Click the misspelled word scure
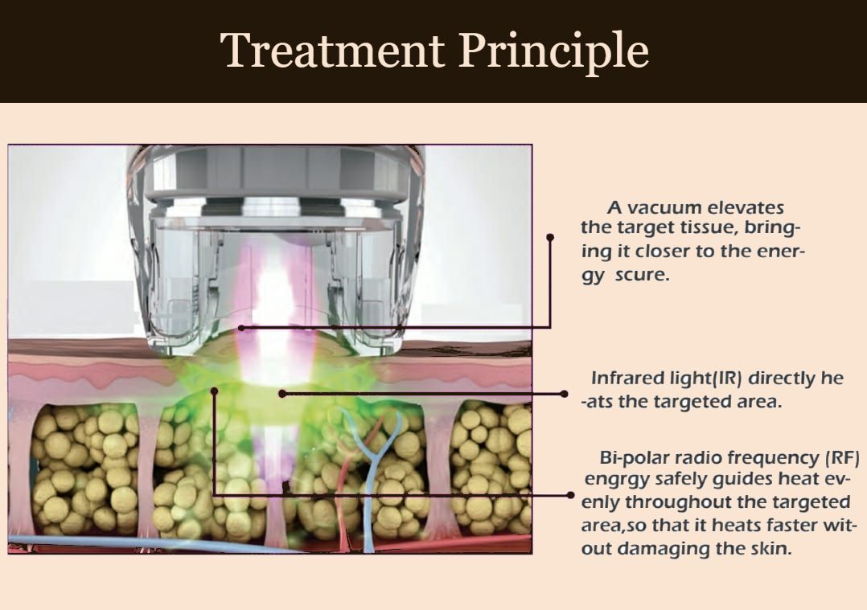click(643, 275)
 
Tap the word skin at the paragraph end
click(774, 549)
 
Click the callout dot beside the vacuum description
click(550, 237)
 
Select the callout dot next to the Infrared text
click(564, 394)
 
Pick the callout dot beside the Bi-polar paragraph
click(571, 495)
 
